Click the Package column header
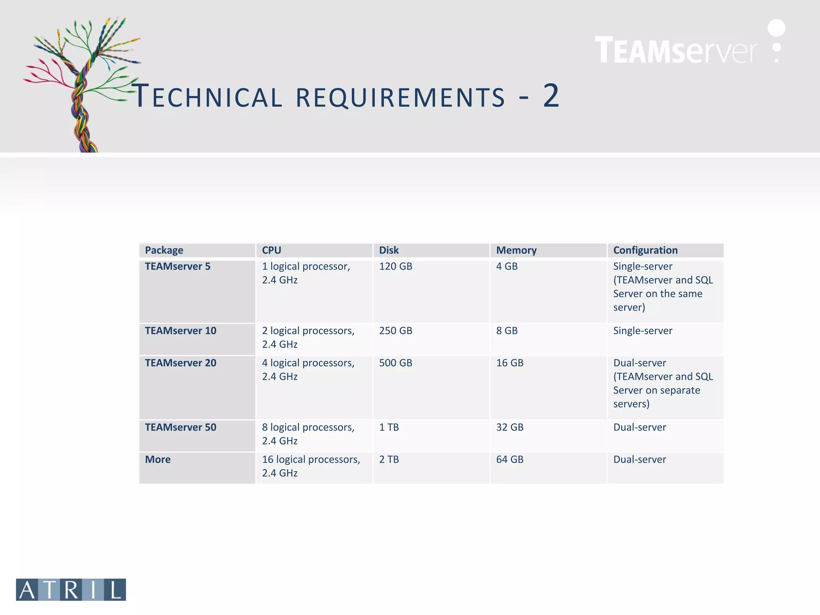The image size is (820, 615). click(x=164, y=250)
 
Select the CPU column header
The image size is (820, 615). click(x=271, y=250)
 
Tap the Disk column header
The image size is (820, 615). click(x=389, y=250)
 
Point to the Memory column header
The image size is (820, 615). click(x=516, y=250)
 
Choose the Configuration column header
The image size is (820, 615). click(x=645, y=250)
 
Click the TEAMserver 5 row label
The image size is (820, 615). click(x=177, y=266)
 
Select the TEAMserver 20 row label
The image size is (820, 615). click(x=180, y=363)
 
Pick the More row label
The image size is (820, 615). click(x=158, y=459)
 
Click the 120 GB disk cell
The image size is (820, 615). click(x=395, y=266)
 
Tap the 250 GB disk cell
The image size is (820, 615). click(x=395, y=331)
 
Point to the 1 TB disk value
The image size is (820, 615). click(x=389, y=427)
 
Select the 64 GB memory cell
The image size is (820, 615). click(x=510, y=459)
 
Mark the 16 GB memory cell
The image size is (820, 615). click(x=510, y=363)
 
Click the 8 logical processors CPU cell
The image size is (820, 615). click(x=308, y=434)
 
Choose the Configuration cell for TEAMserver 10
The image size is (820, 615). click(x=643, y=331)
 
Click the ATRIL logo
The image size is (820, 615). click(x=71, y=589)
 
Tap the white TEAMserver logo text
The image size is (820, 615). click(x=676, y=50)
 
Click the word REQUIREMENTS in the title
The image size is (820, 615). click(x=400, y=97)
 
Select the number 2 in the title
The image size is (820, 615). click(x=551, y=96)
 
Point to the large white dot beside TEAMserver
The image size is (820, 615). click(x=776, y=28)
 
